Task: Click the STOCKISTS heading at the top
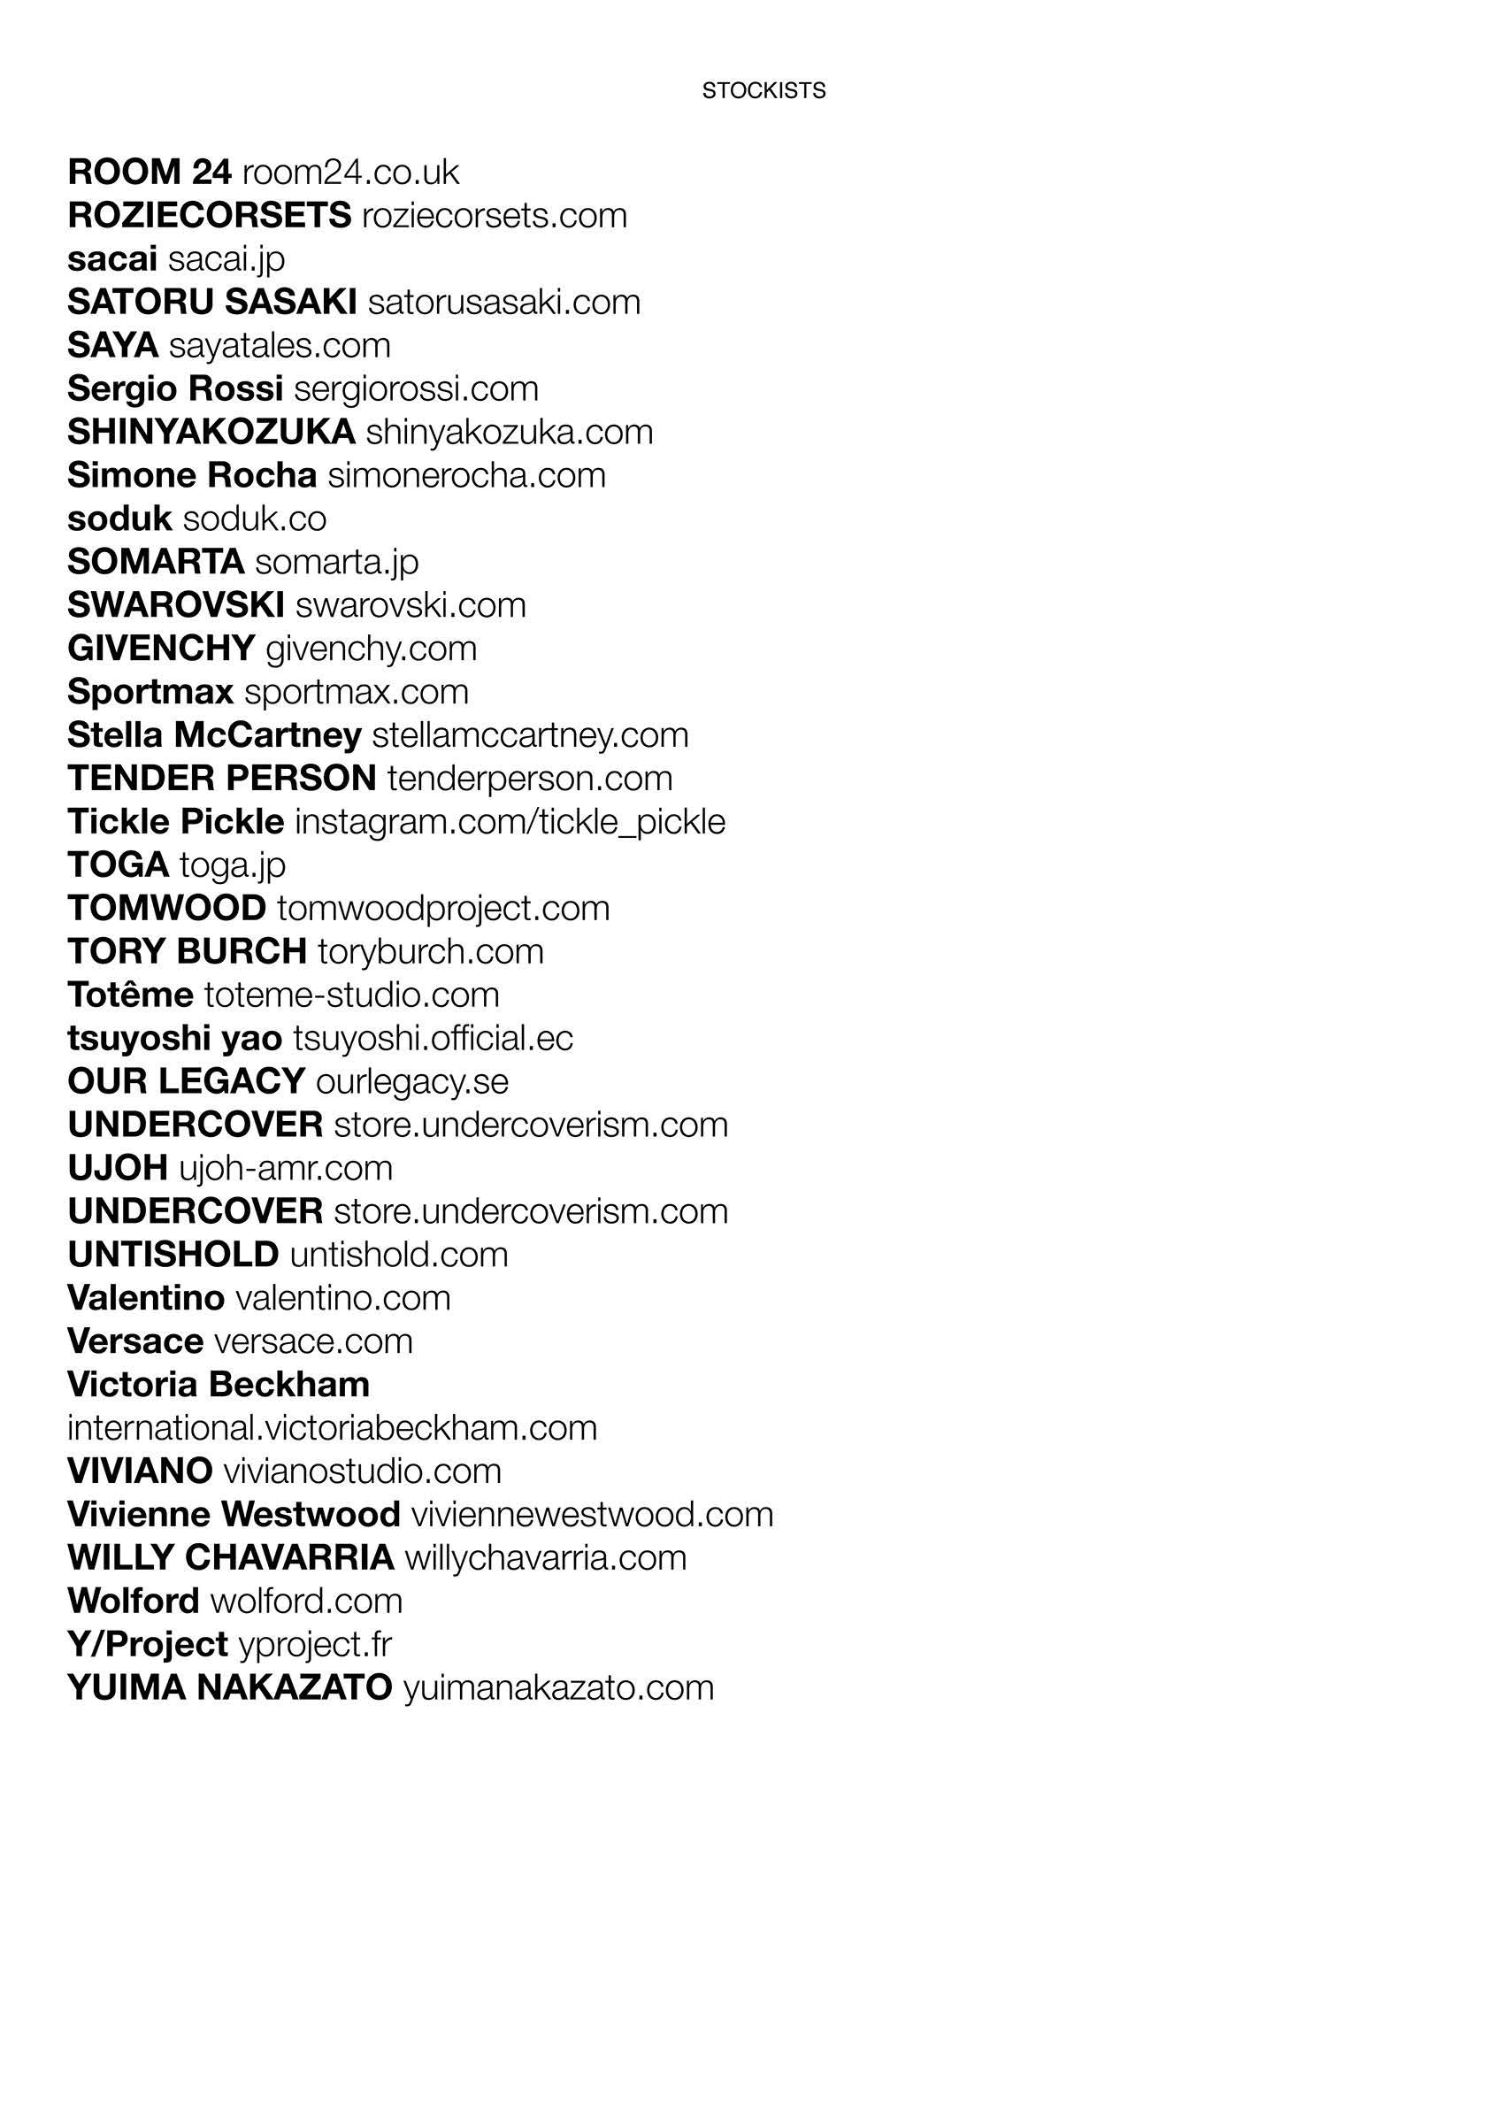click(764, 91)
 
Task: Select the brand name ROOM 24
click(150, 173)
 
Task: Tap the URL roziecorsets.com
click(494, 216)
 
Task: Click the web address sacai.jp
click(226, 259)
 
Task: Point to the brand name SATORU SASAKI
click(212, 302)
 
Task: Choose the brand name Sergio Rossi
click(175, 389)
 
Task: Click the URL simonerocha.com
click(466, 475)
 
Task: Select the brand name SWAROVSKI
click(176, 605)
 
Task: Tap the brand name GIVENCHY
click(161, 649)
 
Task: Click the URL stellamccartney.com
click(530, 736)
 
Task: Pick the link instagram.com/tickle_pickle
click(510, 822)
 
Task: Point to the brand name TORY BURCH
click(188, 952)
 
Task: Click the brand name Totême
click(131, 995)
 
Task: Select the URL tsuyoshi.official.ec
click(433, 1039)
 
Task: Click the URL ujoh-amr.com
click(286, 1169)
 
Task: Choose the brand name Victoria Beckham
click(219, 1385)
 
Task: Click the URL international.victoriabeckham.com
click(332, 1428)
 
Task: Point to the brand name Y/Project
click(148, 1644)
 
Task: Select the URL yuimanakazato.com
click(559, 1687)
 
